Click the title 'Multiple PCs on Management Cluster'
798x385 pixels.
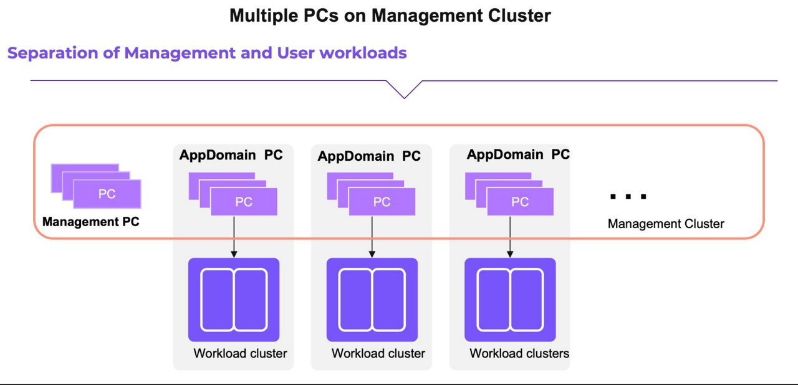[x=390, y=16]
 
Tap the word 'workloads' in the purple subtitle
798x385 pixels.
[x=363, y=53]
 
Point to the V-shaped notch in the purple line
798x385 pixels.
[x=404, y=93]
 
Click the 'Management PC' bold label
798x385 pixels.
[x=91, y=222]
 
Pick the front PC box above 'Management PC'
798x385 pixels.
[x=107, y=194]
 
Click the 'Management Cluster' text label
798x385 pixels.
[x=666, y=224]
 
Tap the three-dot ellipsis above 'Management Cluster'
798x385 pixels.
[x=628, y=197]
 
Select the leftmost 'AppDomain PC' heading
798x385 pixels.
[x=231, y=154]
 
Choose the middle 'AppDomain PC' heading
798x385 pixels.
[x=369, y=156]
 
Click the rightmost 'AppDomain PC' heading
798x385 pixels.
[x=518, y=154]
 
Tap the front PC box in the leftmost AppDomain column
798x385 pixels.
[x=244, y=202]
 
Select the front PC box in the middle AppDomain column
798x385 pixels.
[x=382, y=202]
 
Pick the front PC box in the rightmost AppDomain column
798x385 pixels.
[x=520, y=202]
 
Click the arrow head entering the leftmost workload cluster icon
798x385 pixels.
[x=234, y=254]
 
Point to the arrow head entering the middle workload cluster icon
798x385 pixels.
[x=372, y=254]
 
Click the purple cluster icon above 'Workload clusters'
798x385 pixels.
[x=510, y=300]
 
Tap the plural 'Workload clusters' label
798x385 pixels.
[x=519, y=353]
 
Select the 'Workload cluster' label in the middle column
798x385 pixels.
[x=378, y=353]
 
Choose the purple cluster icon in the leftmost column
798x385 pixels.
[x=234, y=300]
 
